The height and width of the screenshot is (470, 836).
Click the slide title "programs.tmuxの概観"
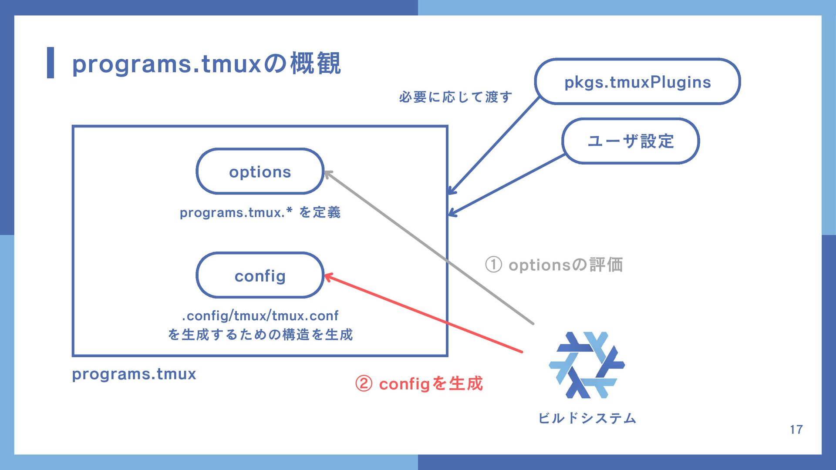pyautogui.click(x=206, y=64)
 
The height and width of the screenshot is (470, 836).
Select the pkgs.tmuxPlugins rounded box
pyautogui.click(x=637, y=82)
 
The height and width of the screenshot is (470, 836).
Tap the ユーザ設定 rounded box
pyautogui.click(x=630, y=141)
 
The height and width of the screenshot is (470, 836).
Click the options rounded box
pyautogui.click(x=260, y=172)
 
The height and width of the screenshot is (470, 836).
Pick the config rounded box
pyautogui.click(x=260, y=276)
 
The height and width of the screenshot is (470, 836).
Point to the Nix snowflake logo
pyautogui.click(x=587, y=365)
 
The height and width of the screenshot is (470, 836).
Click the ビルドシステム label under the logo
pyautogui.click(x=587, y=418)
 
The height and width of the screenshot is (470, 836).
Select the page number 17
pyautogui.click(x=796, y=430)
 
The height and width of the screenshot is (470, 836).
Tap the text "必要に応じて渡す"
pyautogui.click(x=455, y=97)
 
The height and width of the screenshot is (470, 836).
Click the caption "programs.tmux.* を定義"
pyautogui.click(x=260, y=212)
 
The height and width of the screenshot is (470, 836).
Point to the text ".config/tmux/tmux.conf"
pyautogui.click(x=260, y=316)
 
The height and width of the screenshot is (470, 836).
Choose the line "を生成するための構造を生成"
pyautogui.click(x=260, y=335)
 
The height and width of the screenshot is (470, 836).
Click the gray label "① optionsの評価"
pyautogui.click(x=554, y=265)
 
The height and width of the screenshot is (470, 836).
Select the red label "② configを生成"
pyautogui.click(x=419, y=384)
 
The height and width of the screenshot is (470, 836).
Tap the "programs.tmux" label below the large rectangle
pyautogui.click(x=134, y=374)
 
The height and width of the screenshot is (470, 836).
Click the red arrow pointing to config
pyautogui.click(x=422, y=313)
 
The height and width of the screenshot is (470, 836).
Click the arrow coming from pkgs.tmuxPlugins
pyautogui.click(x=494, y=146)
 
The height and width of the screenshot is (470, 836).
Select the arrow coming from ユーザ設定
pyautogui.click(x=507, y=185)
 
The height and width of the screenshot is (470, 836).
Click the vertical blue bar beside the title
pyautogui.click(x=51, y=63)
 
